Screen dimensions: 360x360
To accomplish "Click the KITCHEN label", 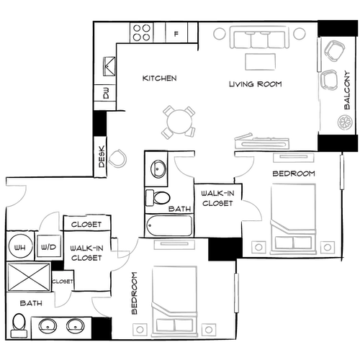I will coord(160,78).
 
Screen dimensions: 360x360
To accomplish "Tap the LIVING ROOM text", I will coord(256,85).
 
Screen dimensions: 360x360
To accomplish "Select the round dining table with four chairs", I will coord(178,122).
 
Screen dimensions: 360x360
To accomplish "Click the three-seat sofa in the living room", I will coord(258,39).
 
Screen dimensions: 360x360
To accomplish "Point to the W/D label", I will coord(49,248).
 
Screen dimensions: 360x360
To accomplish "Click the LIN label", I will coord(19,248).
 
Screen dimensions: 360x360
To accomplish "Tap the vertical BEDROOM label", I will coord(134,294).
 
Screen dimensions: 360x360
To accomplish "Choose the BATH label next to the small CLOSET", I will coord(32,302).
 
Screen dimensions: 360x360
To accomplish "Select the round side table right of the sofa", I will coord(299,35).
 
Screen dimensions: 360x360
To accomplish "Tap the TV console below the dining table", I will coord(255,142).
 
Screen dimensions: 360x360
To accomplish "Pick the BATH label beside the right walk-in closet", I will coord(179,210).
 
